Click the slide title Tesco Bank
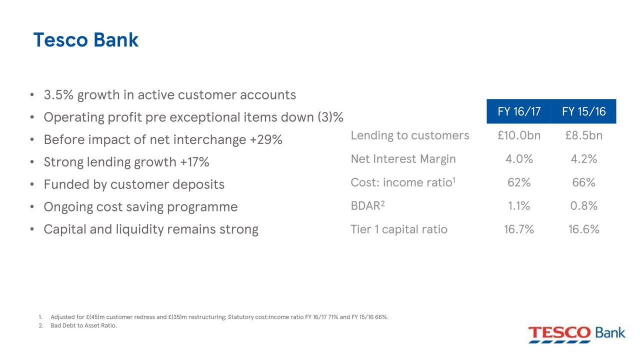coord(85,39)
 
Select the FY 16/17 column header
coord(519,111)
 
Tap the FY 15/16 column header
coord(583,111)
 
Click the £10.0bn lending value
coord(519,135)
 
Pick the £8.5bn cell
coord(583,135)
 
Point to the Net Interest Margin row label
coord(403,159)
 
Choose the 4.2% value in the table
coord(583,159)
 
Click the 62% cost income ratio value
coord(519,182)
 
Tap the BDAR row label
coord(367,205)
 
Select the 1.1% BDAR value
coord(519,205)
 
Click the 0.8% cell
coord(583,205)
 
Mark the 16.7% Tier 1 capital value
coord(519,229)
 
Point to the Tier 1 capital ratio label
coord(399,229)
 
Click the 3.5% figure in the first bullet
coord(58,95)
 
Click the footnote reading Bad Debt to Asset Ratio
coord(83,325)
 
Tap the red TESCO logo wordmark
coord(559,333)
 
